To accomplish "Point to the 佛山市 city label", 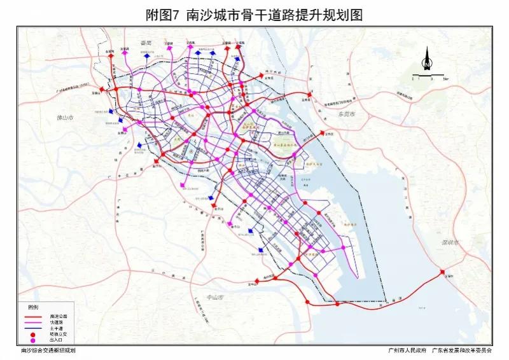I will point(66,119).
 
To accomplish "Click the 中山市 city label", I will point(217,297).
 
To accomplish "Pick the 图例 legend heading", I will point(33,307).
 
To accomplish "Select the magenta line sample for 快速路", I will point(33,322).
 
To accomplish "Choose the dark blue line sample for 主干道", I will point(33,328).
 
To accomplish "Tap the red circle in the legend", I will point(32,335).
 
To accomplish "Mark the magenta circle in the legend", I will point(32,341).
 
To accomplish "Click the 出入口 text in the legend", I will point(56,341).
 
